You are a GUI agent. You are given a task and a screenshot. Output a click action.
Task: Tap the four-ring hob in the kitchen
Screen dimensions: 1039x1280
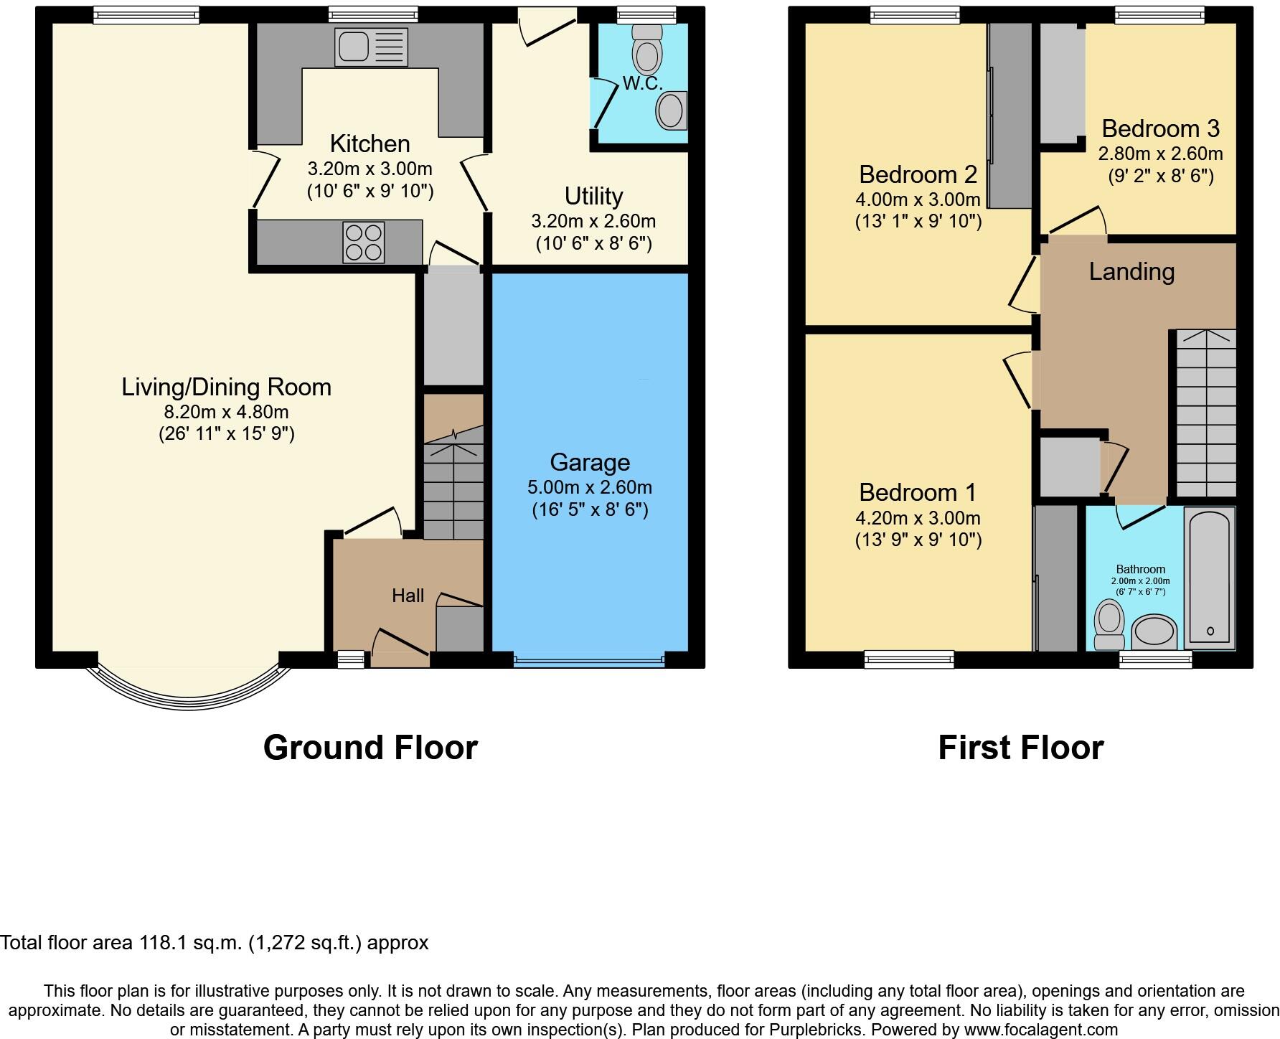[364, 243]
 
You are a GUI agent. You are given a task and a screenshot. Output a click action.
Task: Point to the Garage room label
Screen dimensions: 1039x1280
[590, 462]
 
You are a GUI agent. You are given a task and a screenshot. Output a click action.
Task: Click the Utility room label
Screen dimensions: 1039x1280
[593, 196]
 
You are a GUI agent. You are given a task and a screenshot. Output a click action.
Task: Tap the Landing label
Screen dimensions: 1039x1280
[1131, 271]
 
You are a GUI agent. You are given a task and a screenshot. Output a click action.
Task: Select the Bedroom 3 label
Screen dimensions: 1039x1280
[1160, 128]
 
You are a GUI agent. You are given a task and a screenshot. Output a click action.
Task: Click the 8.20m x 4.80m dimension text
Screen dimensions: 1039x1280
[226, 412]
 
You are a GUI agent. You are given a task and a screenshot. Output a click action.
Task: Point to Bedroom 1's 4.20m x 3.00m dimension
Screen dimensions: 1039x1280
[918, 518]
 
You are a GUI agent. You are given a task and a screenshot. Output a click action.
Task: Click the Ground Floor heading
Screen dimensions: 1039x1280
[370, 748]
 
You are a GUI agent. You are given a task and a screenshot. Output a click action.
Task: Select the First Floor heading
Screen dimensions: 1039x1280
[1020, 748]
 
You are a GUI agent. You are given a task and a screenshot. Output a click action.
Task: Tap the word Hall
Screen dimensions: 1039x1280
[408, 596]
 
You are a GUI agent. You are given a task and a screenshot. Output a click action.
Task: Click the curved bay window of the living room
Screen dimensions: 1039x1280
[188, 693]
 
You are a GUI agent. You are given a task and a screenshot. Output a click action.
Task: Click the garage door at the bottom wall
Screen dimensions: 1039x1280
[589, 659]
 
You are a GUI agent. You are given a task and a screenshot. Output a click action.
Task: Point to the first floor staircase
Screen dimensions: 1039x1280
[1205, 413]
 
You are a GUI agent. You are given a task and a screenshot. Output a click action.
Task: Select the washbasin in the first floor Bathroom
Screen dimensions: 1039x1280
[1154, 632]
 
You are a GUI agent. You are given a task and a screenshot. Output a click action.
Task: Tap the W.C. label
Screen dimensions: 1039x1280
[642, 83]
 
